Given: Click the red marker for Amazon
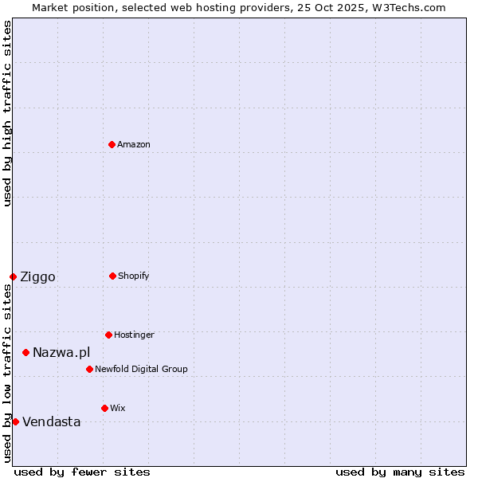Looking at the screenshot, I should click(112, 144).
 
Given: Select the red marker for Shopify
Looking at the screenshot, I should click(112, 276).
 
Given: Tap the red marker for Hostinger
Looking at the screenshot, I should click(108, 335).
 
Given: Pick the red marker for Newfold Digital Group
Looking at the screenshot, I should click(89, 369).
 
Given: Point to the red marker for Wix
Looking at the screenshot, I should click(104, 408).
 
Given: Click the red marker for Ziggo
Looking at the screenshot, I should click(13, 276).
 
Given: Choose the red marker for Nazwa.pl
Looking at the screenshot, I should click(25, 352).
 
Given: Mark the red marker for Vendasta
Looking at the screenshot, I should click(15, 421).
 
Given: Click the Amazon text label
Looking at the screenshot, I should click(134, 145).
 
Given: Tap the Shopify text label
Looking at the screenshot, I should click(134, 276).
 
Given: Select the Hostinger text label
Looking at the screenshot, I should click(134, 335).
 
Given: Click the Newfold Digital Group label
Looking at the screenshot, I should click(141, 370).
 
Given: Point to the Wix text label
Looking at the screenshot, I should click(118, 409).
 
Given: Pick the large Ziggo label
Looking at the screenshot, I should click(37, 277).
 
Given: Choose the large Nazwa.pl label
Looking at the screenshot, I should click(61, 353).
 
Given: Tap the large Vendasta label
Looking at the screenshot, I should click(51, 422).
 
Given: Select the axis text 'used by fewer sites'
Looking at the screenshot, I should click(82, 472).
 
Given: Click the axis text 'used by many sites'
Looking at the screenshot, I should click(400, 472).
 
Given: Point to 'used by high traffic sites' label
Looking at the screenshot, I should click(7, 113).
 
